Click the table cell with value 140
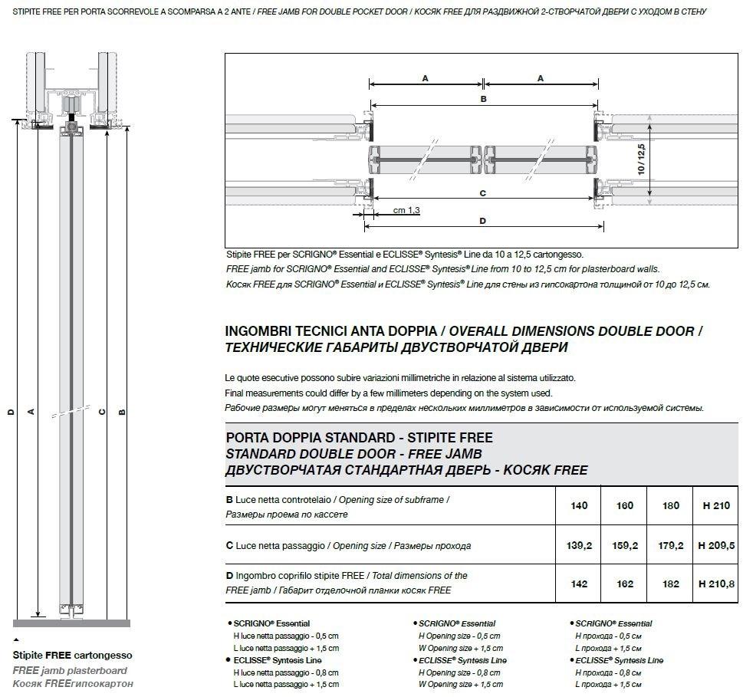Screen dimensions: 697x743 coord(579,506)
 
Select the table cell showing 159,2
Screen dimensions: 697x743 coord(625,546)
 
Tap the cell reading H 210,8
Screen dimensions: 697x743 coord(716,584)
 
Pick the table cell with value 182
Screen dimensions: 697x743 coord(670,584)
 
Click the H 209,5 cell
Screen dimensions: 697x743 coord(716,546)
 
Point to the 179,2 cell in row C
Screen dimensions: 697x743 coord(670,546)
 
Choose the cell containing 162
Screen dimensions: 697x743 coord(625,584)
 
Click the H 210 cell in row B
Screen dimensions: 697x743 coord(716,506)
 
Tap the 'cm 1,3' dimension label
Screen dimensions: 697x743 coord(406,210)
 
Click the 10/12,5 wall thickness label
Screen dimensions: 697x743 coord(642,157)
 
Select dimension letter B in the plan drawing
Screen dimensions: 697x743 coord(483,99)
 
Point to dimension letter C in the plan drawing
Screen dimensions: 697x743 coord(483,193)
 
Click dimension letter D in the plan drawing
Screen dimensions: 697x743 coord(483,221)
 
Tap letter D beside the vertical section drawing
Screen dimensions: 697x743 coord(10,412)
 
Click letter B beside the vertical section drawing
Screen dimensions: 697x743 coord(123,412)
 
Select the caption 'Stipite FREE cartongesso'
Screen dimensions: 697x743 coord(72,656)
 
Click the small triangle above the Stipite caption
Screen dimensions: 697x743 coord(16,639)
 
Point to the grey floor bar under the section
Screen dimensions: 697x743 coord(72,623)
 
